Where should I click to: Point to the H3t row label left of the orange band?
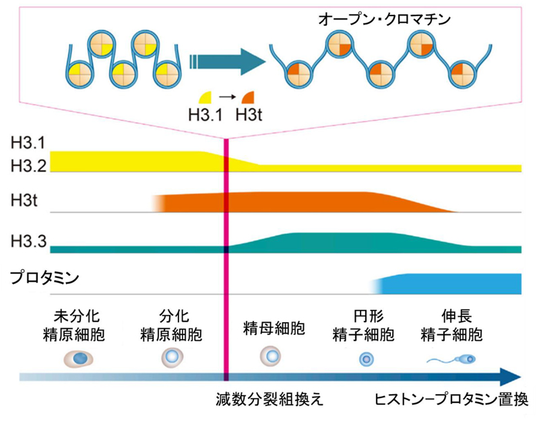[24, 200]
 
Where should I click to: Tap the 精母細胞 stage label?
[273, 330]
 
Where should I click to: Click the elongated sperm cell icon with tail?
[453, 360]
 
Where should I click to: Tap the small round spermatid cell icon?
[367, 359]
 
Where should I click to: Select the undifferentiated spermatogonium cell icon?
[80, 358]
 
